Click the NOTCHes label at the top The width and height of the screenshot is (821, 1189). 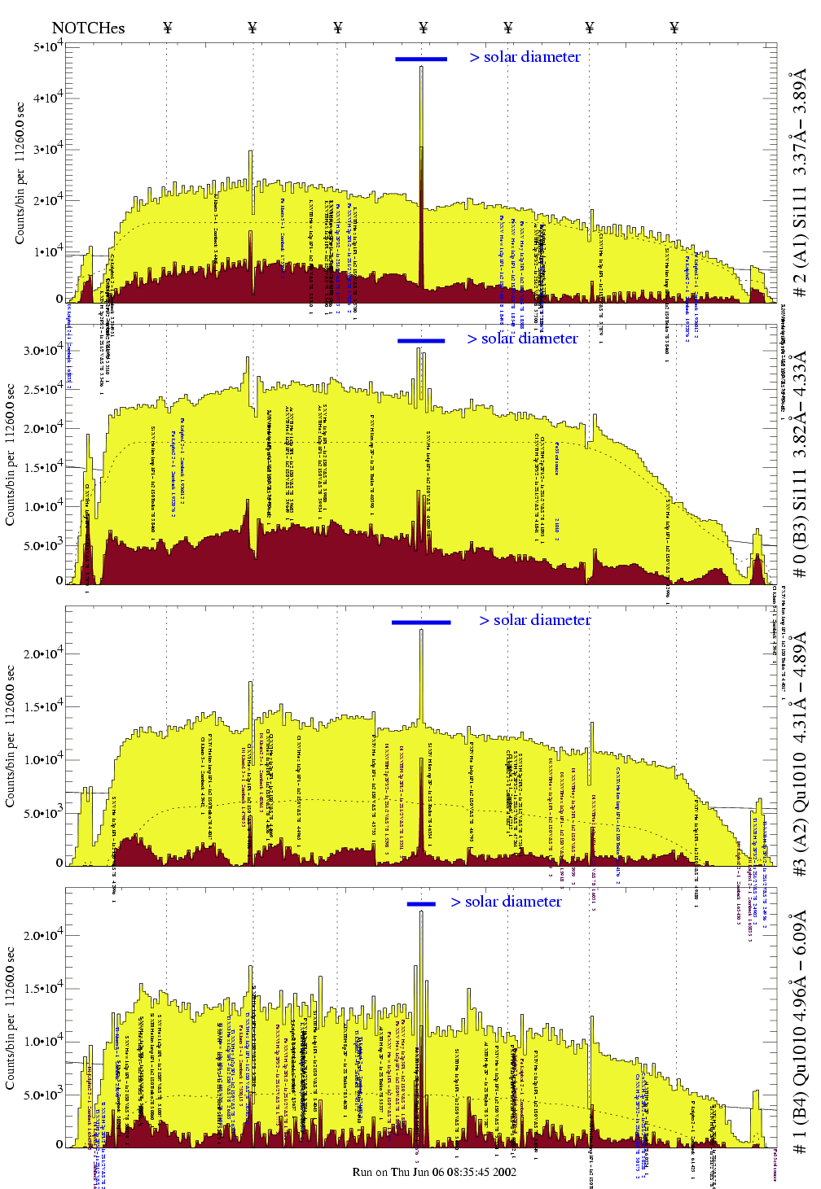tap(88, 28)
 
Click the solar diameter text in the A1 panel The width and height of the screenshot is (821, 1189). tap(525, 57)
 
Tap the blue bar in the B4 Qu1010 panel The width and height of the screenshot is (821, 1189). tap(421, 903)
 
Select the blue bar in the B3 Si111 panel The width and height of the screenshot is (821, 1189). tap(421, 340)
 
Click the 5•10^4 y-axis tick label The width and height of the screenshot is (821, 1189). tap(48, 47)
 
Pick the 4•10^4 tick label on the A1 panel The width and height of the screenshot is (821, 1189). tap(48, 98)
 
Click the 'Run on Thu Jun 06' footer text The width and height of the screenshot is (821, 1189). tap(434, 1172)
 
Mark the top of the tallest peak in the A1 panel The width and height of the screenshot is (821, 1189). tap(421, 67)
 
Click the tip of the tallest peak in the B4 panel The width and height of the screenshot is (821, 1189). tap(421, 911)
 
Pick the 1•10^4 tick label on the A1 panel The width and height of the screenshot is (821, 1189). tap(48, 252)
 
